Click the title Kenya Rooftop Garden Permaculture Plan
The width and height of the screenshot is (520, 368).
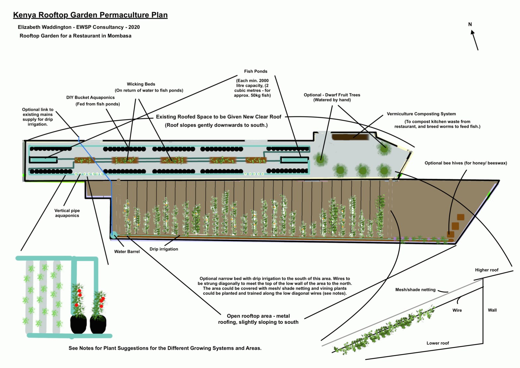click(x=90, y=15)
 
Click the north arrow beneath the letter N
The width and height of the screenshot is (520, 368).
click(x=475, y=40)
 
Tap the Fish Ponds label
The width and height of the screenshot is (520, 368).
click(x=255, y=71)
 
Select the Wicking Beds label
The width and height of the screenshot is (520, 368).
click(x=141, y=84)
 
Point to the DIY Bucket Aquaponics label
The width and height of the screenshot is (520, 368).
click(x=91, y=98)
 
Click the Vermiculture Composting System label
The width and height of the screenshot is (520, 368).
click(x=421, y=114)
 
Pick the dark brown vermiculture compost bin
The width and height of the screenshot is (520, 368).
click(x=350, y=137)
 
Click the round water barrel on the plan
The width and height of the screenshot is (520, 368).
click(x=114, y=235)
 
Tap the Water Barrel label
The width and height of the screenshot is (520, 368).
click(x=127, y=252)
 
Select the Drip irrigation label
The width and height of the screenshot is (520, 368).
click(x=163, y=249)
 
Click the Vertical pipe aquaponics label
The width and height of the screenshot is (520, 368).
click(x=67, y=213)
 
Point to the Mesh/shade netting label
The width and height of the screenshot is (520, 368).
click(x=415, y=290)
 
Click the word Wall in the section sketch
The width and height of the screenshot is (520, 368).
click(x=492, y=310)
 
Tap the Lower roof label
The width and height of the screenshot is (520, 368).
click(x=437, y=343)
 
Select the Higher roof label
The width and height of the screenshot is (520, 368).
click(x=487, y=270)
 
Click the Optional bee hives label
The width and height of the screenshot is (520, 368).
click(x=466, y=163)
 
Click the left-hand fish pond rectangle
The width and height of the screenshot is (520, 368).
click(x=43, y=160)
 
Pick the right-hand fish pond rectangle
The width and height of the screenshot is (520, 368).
click(x=294, y=160)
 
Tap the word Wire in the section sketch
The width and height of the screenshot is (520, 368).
click(x=457, y=310)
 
